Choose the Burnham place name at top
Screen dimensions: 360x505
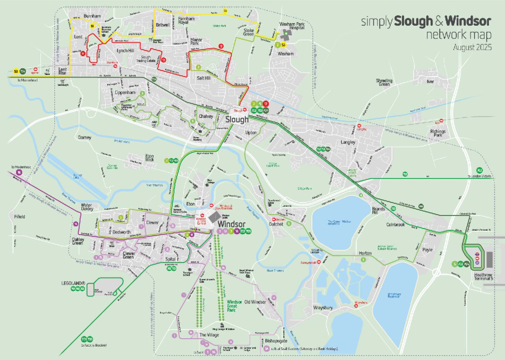(x=92, y=16)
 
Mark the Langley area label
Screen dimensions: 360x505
(x=348, y=142)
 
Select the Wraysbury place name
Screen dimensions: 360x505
(x=323, y=308)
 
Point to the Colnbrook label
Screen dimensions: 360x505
(x=396, y=224)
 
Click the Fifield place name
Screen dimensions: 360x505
(x=20, y=216)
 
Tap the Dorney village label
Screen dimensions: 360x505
(x=85, y=137)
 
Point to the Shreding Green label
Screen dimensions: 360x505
(x=384, y=82)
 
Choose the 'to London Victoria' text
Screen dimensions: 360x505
(x=480, y=176)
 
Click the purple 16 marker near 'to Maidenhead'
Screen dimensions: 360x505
(x=19, y=172)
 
